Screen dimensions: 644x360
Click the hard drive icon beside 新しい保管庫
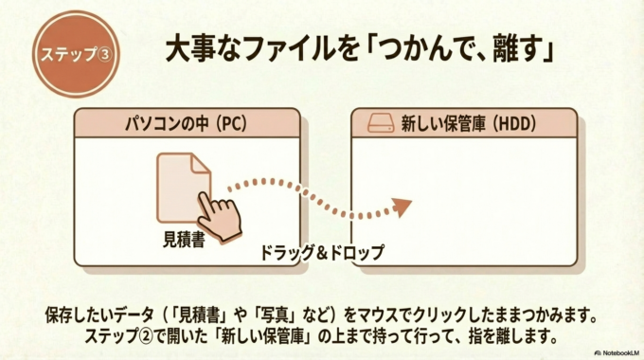379,122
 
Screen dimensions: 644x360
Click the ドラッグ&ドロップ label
323,253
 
